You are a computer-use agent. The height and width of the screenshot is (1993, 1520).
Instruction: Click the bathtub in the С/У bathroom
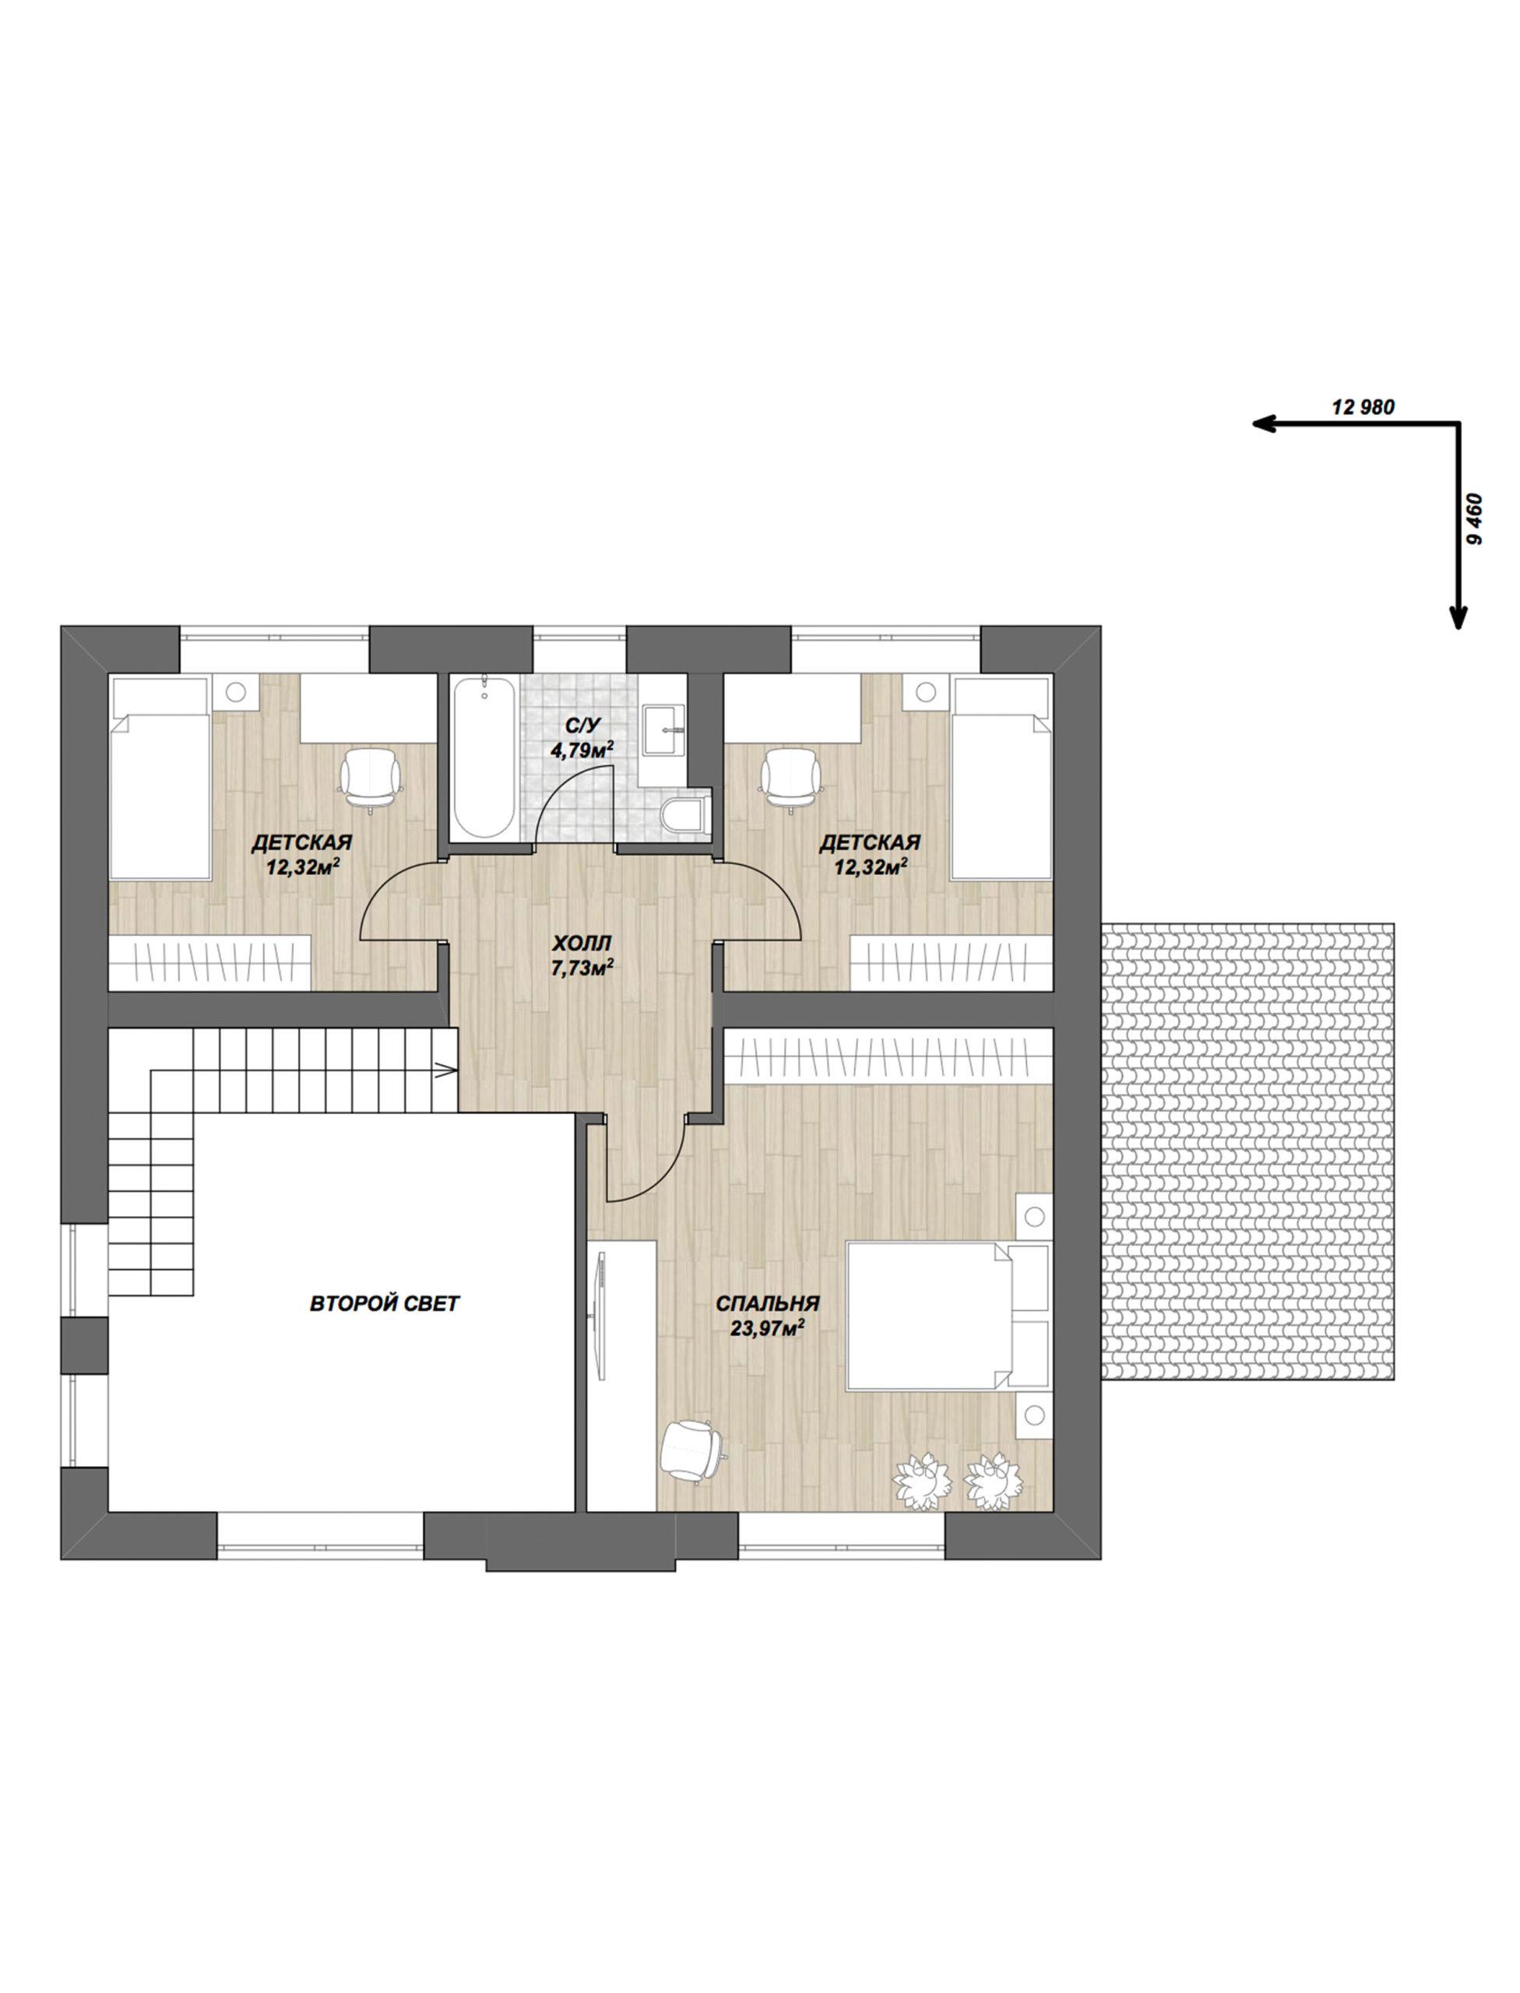(485, 759)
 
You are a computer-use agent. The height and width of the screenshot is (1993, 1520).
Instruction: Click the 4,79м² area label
(582, 749)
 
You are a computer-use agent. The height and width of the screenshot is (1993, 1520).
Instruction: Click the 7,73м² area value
(582, 969)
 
